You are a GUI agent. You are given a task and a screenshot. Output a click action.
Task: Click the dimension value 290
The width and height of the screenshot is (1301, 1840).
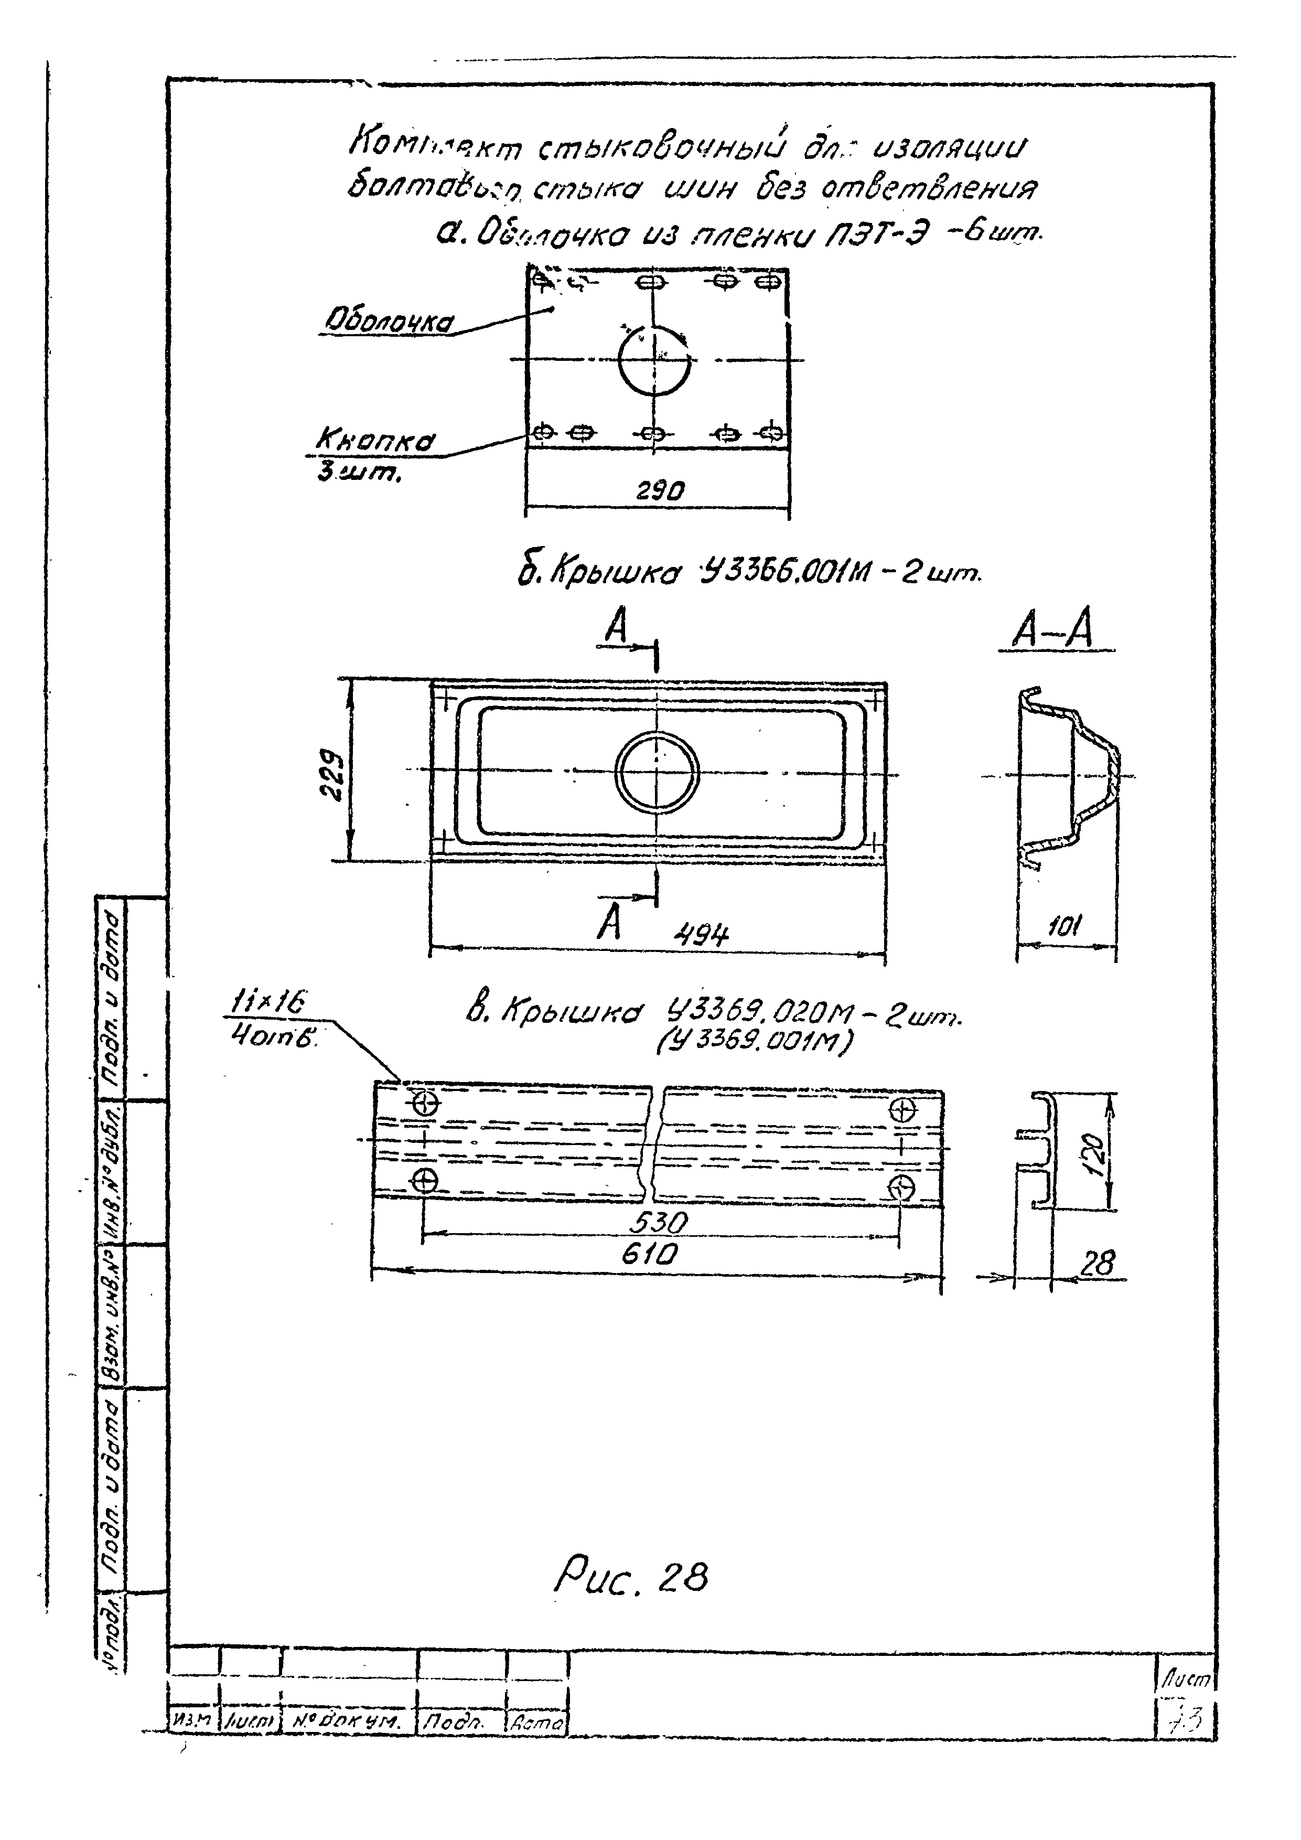(660, 490)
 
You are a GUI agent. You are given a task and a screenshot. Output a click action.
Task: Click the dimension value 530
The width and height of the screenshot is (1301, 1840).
(659, 1224)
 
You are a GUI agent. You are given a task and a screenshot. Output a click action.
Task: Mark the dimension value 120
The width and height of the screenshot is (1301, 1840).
(1096, 1152)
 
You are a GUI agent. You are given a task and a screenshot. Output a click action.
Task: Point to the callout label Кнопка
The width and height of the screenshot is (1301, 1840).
(375, 441)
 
